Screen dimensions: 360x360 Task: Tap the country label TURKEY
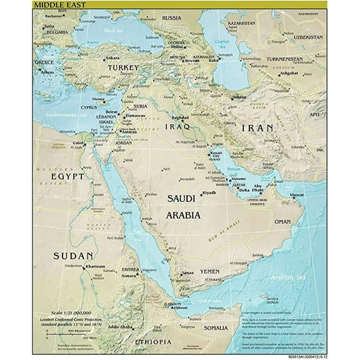tap(123, 67)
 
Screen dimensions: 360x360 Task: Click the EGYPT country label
tap(67, 176)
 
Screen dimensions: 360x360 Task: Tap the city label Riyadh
tap(209, 192)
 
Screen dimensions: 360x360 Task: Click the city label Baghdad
tap(180, 117)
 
